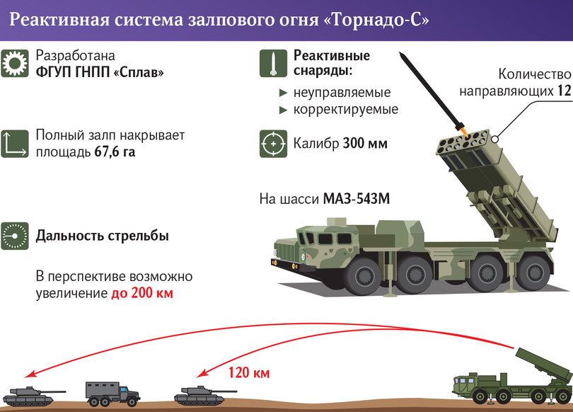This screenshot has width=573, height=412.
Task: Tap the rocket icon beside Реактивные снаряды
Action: coord(273,64)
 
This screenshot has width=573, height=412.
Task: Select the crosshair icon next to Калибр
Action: coord(273,143)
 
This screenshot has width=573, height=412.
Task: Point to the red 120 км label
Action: coord(249,372)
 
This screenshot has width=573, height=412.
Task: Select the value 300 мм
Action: coord(365,144)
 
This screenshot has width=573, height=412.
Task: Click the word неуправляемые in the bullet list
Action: coord(342,93)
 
